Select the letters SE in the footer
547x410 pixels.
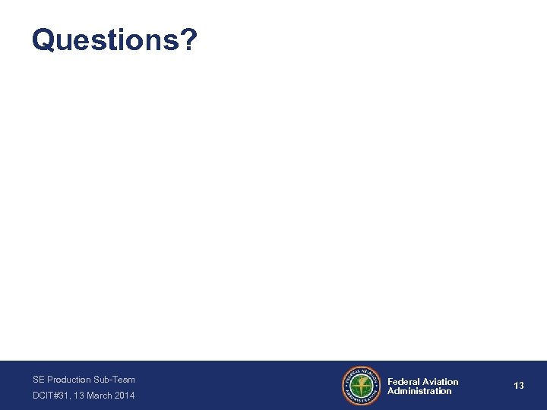coord(38,379)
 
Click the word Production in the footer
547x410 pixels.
coord(69,379)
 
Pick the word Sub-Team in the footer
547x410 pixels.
coord(115,379)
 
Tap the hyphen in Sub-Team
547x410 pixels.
coord(110,380)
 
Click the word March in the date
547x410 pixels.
coord(100,396)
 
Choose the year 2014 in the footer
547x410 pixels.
coord(125,396)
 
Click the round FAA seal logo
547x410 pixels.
coord(362,386)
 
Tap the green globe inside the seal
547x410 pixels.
coord(362,386)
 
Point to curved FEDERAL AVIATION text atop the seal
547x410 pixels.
coord(362,371)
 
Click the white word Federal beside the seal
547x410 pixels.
coord(403,381)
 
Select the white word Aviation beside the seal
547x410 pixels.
coord(441,381)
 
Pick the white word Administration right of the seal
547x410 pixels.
coord(419,391)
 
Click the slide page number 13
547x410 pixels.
coord(519,386)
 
